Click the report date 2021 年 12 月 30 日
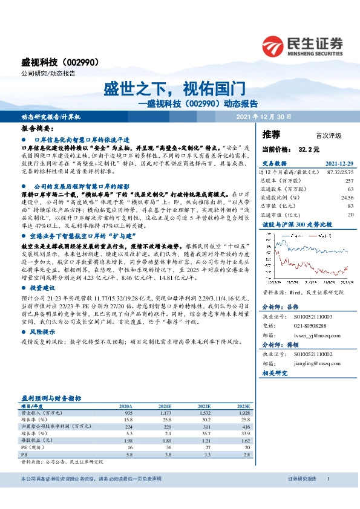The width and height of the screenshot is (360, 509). tap(264, 117)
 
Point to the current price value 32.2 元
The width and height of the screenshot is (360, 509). tap(309, 149)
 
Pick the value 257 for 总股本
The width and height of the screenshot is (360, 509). tap(349, 181)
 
